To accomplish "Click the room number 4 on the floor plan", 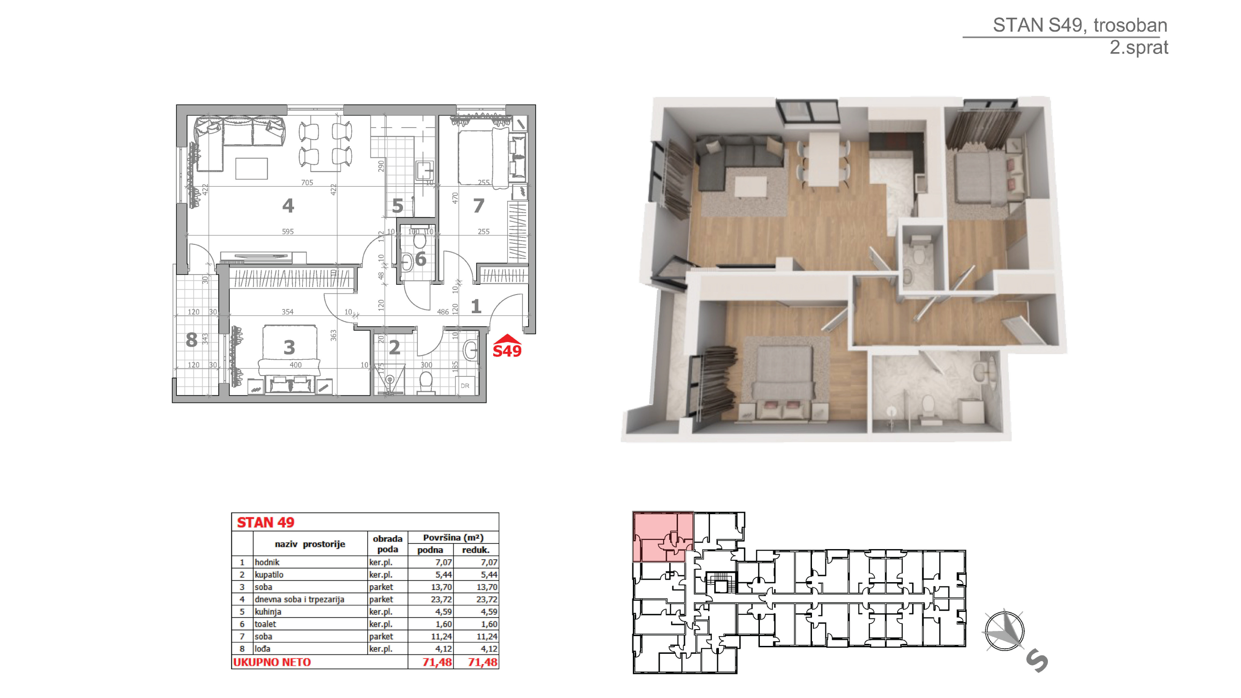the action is tap(288, 206).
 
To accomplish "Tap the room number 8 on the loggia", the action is tap(192, 340).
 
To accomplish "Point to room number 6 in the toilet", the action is tap(421, 259).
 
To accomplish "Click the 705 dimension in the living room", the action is tap(307, 182).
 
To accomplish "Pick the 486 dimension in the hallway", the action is tap(443, 312).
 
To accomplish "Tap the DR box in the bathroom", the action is tap(465, 385).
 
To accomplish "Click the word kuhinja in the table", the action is tap(268, 612).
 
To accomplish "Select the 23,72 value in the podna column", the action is tap(441, 600).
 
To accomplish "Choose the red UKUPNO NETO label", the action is tap(272, 662).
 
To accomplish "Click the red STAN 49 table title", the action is tap(265, 522).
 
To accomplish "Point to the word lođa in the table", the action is tap(262, 649).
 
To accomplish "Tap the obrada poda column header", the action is tap(387, 544).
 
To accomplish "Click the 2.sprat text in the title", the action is tap(1139, 47).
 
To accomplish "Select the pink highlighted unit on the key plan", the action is tap(663, 537).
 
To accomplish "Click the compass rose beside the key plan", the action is tap(1005, 631).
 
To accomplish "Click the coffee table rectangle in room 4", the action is tap(251, 168).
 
